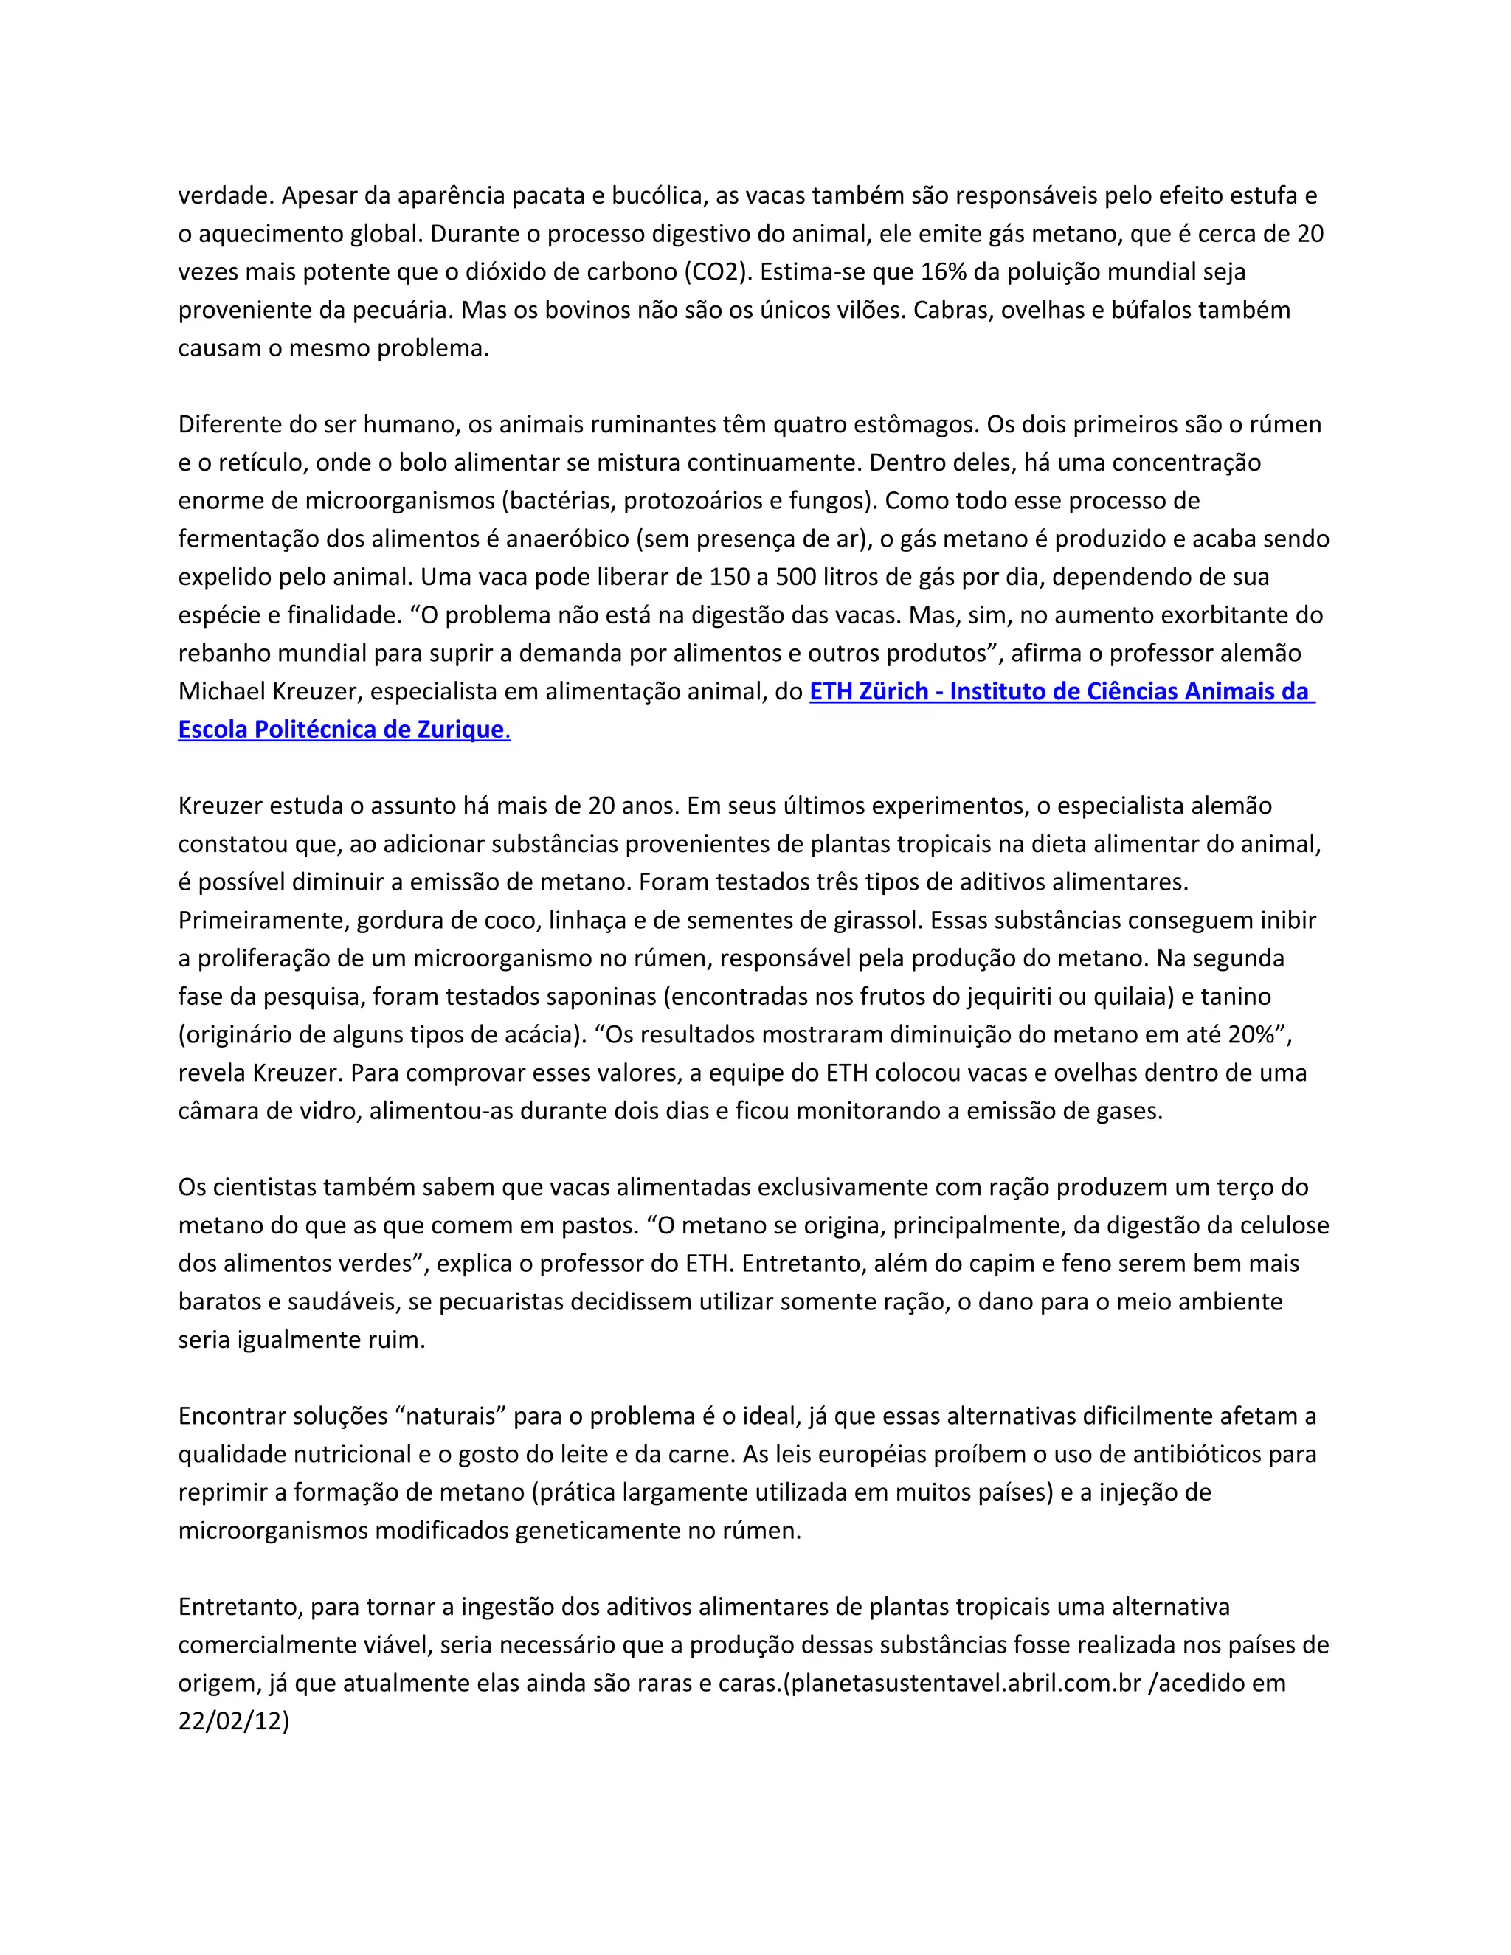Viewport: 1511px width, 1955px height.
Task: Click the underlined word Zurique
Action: click(461, 730)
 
